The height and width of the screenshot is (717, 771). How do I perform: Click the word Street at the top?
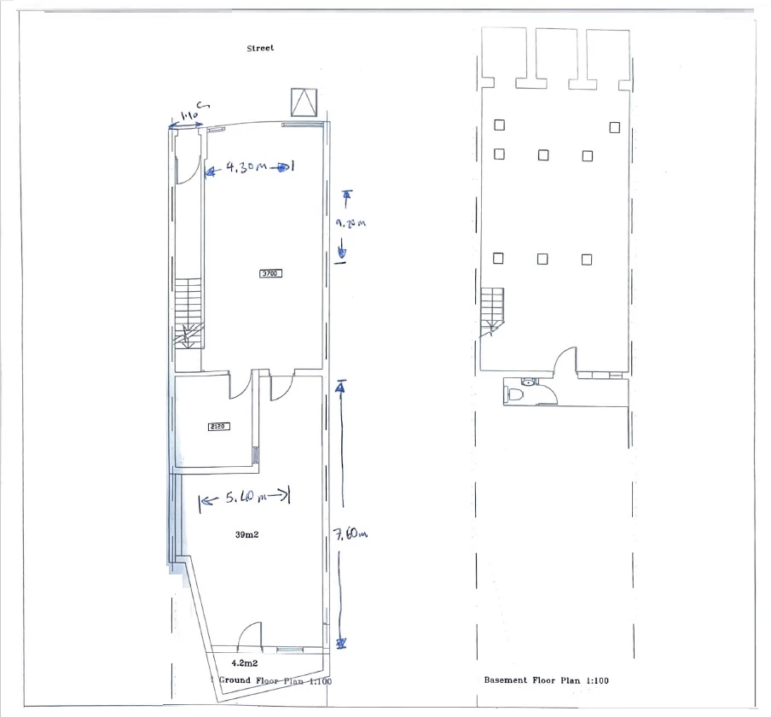pyautogui.click(x=260, y=49)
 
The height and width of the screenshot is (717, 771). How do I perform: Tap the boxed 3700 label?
pyautogui.click(x=270, y=273)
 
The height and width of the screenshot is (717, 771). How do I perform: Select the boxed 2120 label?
pyautogui.click(x=219, y=427)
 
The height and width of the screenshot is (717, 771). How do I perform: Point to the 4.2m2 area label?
pyautogui.click(x=245, y=661)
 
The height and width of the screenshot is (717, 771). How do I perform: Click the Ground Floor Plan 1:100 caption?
pyautogui.click(x=271, y=681)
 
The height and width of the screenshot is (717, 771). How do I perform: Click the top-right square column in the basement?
pyautogui.click(x=614, y=127)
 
